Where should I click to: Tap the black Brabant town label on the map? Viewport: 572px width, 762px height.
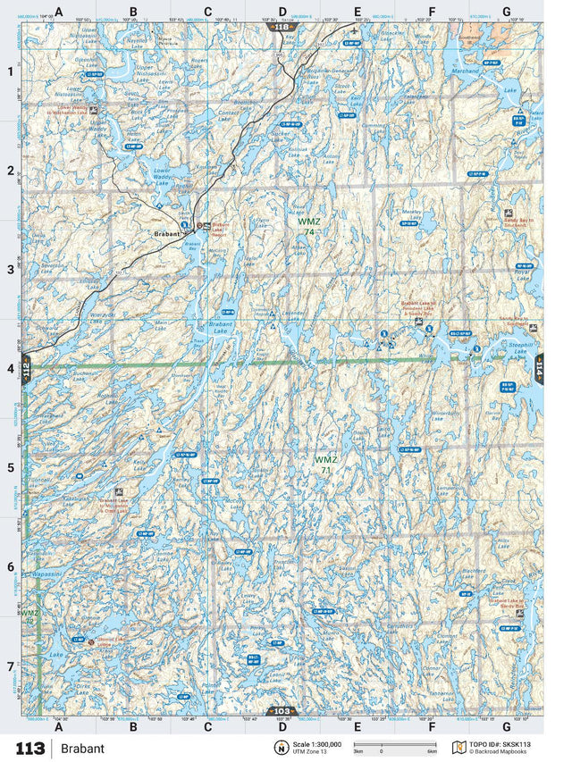click(x=166, y=234)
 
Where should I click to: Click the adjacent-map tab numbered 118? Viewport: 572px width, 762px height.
click(x=283, y=28)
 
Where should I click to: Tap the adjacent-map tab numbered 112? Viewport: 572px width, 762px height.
click(x=26, y=369)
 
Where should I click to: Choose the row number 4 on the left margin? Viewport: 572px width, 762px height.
click(x=11, y=368)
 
